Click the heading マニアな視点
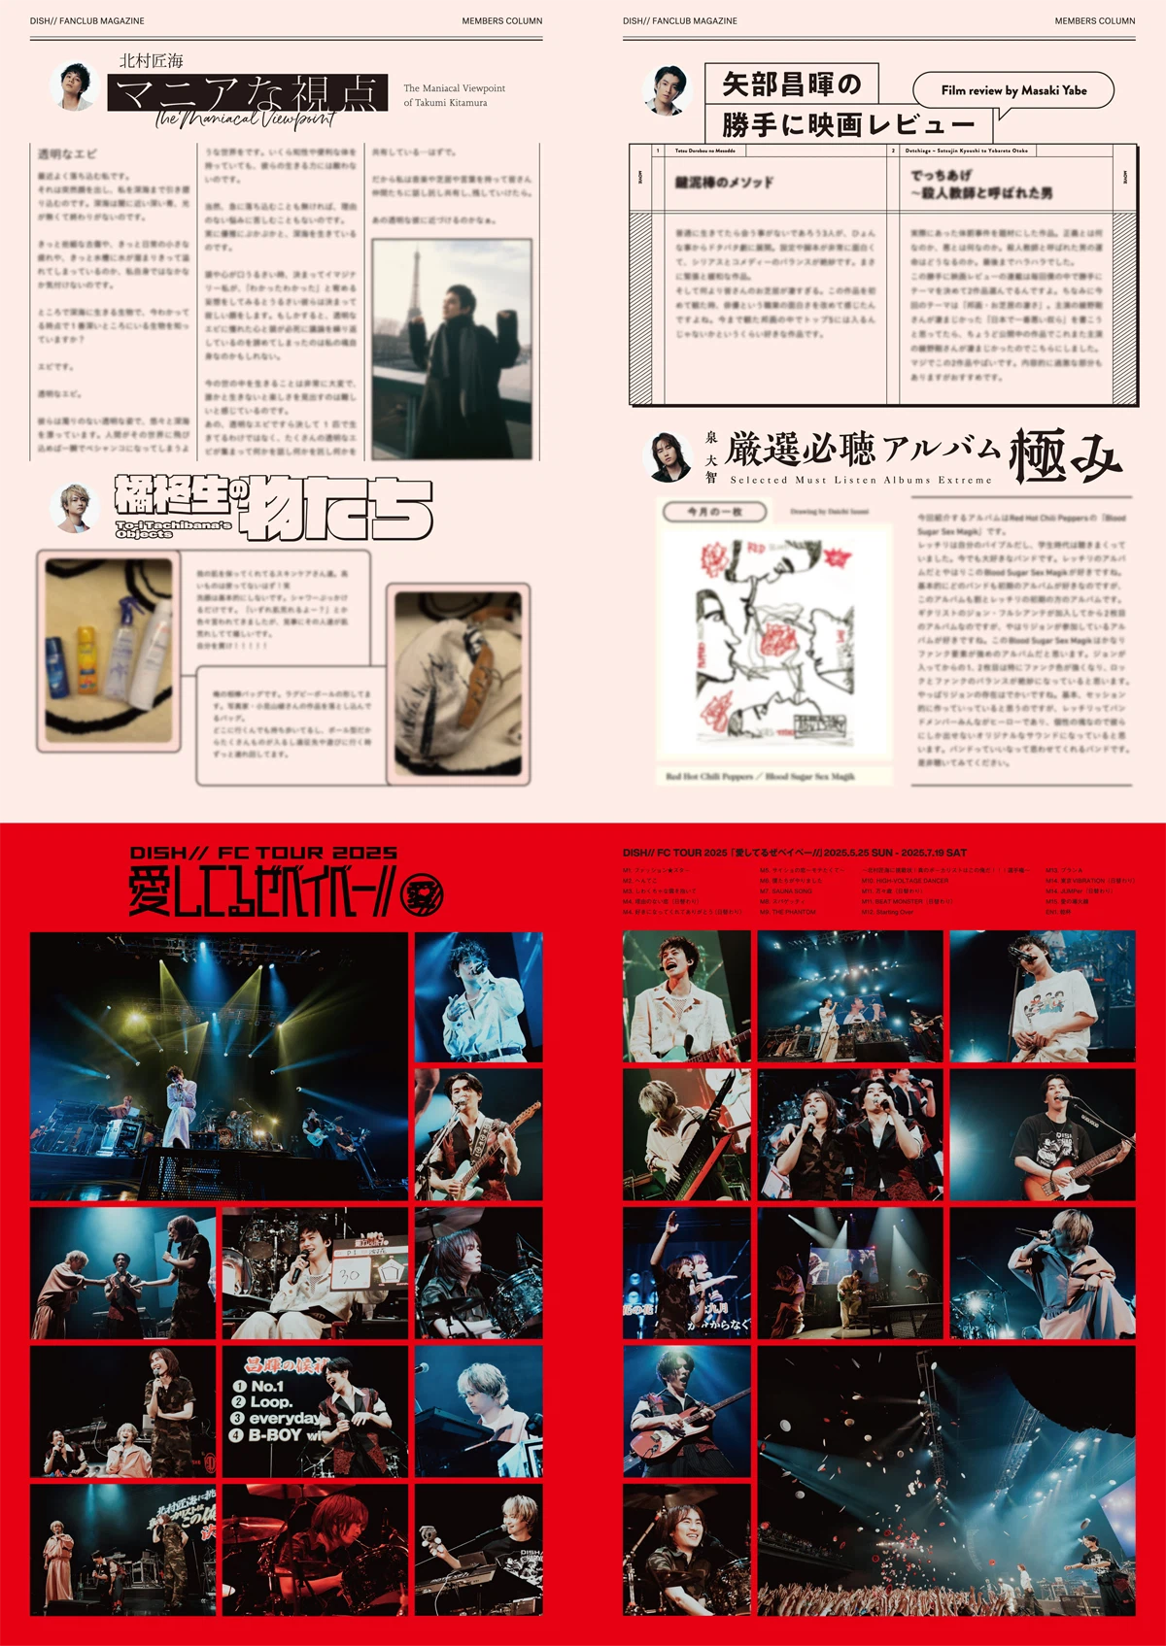(247, 93)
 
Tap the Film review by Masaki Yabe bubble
(1013, 90)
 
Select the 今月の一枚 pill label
(714, 511)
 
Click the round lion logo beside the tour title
(422, 894)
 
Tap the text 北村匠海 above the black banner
(151, 60)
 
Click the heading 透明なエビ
(67, 153)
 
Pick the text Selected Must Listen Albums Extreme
(861, 480)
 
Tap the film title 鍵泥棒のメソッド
(725, 182)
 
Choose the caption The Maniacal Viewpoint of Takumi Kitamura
(454, 95)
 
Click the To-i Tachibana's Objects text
(173, 528)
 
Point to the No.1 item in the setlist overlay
(259, 1386)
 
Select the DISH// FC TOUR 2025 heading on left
(263, 853)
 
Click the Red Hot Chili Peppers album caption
(760, 776)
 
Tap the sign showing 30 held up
(350, 1274)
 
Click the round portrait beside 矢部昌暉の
(667, 90)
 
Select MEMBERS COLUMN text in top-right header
(1094, 20)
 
